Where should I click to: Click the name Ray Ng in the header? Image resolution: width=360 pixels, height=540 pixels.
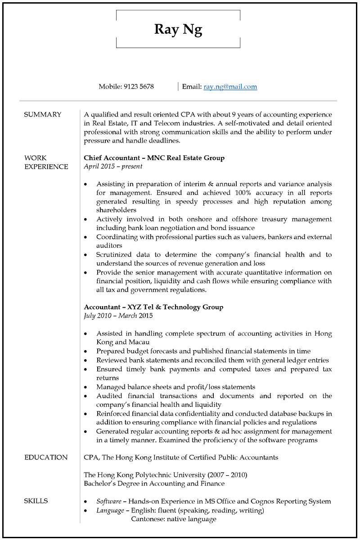click(x=178, y=30)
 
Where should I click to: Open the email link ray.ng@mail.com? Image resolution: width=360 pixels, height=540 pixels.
click(x=230, y=86)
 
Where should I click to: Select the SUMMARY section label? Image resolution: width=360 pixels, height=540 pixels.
click(x=42, y=114)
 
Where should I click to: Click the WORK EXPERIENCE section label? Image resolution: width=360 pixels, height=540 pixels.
click(x=46, y=162)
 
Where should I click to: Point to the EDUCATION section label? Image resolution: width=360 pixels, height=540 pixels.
click(x=46, y=457)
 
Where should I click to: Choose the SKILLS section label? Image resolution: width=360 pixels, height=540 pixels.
click(x=36, y=501)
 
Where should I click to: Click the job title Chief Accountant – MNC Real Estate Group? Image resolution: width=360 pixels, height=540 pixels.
click(x=154, y=158)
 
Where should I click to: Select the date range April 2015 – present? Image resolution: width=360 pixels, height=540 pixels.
click(x=113, y=166)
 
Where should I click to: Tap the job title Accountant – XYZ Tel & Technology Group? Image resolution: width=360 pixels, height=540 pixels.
click(x=153, y=307)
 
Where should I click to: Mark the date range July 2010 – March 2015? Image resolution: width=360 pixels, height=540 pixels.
click(x=118, y=315)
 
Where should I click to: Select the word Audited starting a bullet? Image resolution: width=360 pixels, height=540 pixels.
click(x=110, y=396)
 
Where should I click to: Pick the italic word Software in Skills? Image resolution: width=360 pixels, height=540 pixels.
click(x=108, y=501)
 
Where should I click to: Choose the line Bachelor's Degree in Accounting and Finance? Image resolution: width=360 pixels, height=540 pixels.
click(x=154, y=483)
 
